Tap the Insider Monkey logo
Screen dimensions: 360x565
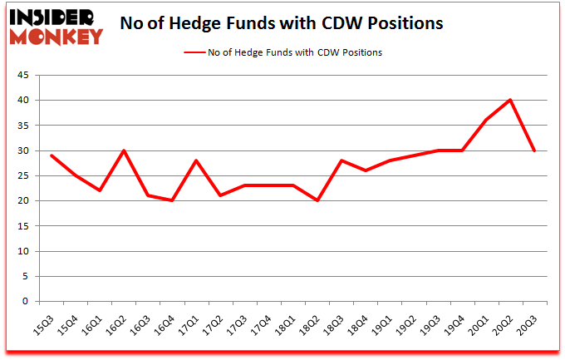click(x=56, y=25)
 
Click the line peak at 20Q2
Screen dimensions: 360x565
click(x=509, y=100)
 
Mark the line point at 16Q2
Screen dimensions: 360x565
click(x=124, y=150)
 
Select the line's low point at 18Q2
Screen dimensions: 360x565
click(x=317, y=200)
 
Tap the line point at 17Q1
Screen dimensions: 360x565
click(x=196, y=160)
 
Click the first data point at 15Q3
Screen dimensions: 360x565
click(x=52, y=155)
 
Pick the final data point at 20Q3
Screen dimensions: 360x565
click(x=533, y=150)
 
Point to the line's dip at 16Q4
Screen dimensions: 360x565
click(x=172, y=200)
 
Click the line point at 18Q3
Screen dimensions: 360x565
click(x=341, y=160)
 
